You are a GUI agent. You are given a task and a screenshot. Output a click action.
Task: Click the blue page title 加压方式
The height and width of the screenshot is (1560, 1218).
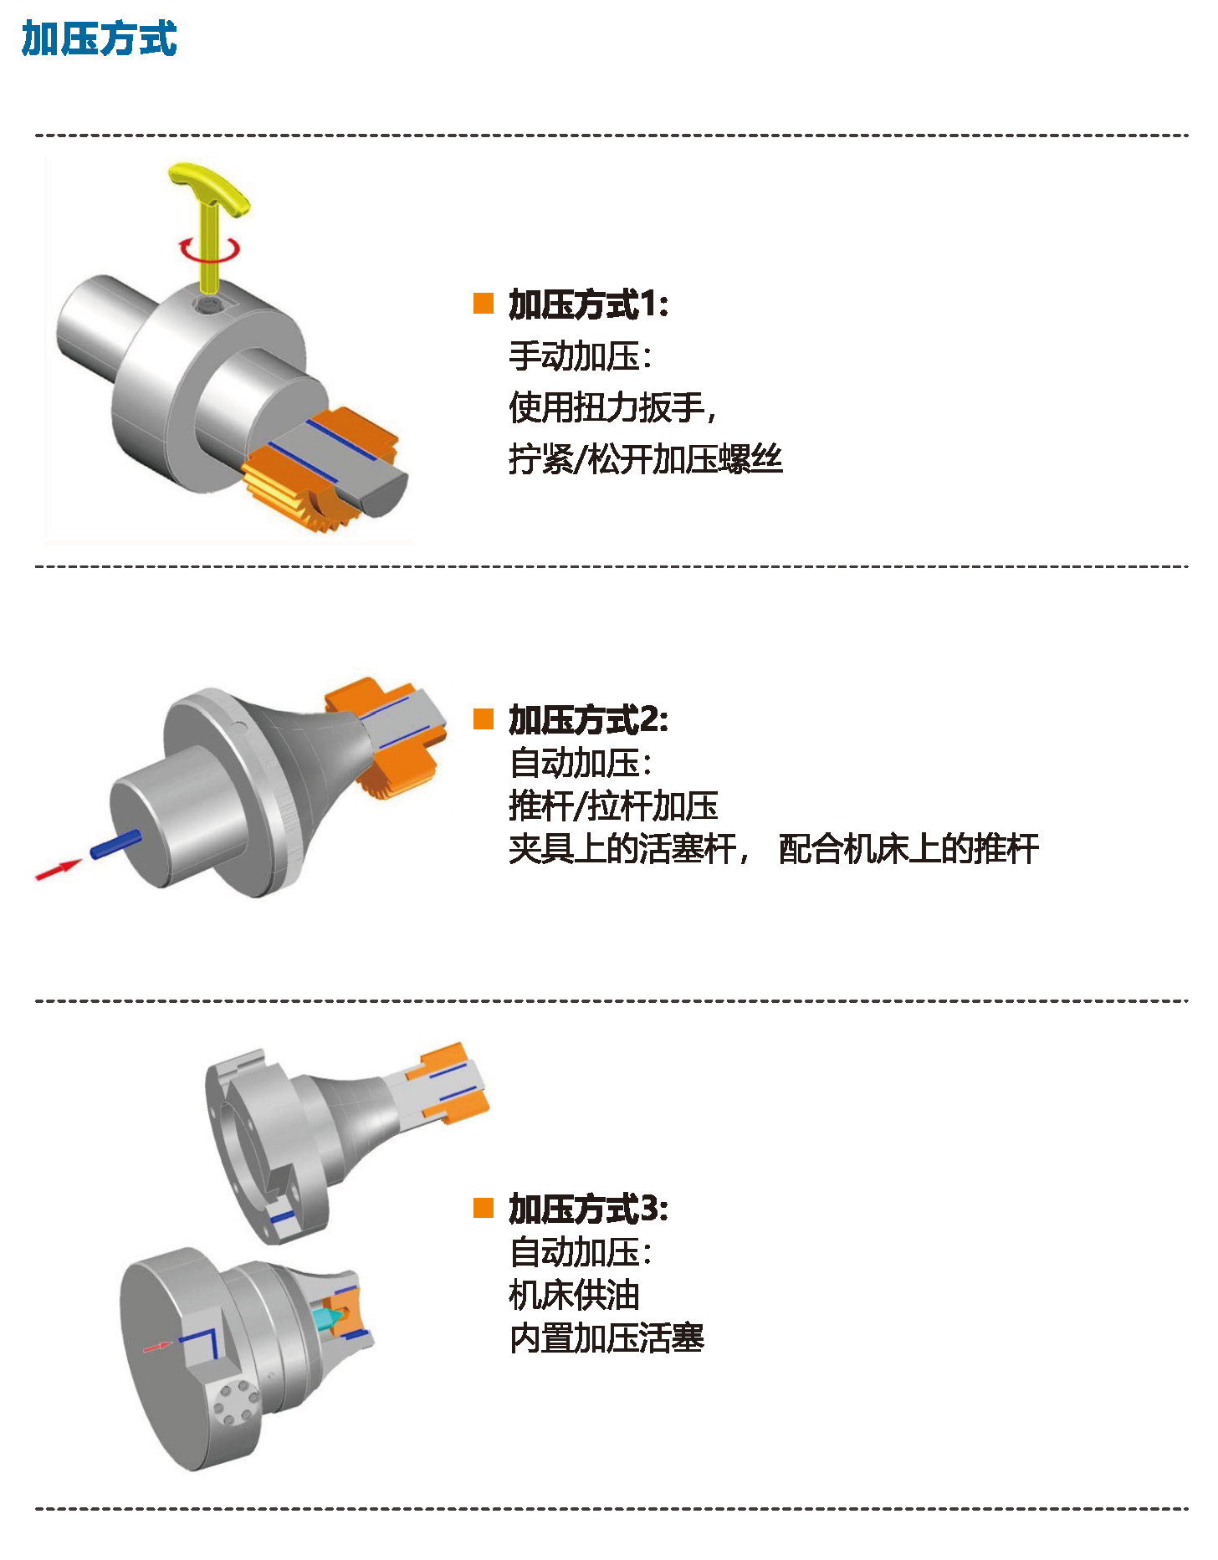click(x=99, y=39)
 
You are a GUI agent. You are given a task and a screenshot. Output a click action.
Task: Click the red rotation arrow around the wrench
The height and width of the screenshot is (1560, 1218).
click(x=209, y=249)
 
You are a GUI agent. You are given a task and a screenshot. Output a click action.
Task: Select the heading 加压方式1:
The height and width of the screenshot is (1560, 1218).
click(x=589, y=304)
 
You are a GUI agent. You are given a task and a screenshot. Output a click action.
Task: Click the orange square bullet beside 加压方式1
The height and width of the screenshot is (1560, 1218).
click(x=484, y=303)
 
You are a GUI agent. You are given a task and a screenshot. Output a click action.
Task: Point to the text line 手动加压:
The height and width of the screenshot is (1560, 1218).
click(x=580, y=356)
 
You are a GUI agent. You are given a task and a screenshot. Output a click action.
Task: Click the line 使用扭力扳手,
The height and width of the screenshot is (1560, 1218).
click(x=612, y=408)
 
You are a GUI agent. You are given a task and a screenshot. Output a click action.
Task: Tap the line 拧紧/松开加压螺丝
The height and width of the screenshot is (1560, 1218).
click(x=645, y=459)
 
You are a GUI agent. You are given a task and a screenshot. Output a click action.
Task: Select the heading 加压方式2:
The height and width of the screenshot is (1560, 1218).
click(x=589, y=719)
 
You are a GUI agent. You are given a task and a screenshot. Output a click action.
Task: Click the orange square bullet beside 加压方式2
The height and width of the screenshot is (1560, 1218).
click(x=484, y=719)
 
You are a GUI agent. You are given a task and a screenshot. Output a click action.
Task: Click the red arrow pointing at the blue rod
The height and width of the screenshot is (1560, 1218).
click(x=59, y=869)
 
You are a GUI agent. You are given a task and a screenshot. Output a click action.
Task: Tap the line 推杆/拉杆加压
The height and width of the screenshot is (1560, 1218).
click(x=613, y=806)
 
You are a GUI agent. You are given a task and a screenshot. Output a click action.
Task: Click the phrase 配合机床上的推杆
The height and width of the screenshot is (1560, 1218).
click(x=908, y=849)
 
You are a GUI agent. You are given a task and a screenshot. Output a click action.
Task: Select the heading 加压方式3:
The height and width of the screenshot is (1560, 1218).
click(x=589, y=1209)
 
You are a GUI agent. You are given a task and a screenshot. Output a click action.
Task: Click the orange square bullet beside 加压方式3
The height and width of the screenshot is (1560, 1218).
click(x=484, y=1208)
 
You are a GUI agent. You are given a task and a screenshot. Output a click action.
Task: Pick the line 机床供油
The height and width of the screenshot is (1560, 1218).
click(x=574, y=1296)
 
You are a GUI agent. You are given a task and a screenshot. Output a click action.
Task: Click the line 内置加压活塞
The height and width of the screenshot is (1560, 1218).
click(x=606, y=1338)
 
